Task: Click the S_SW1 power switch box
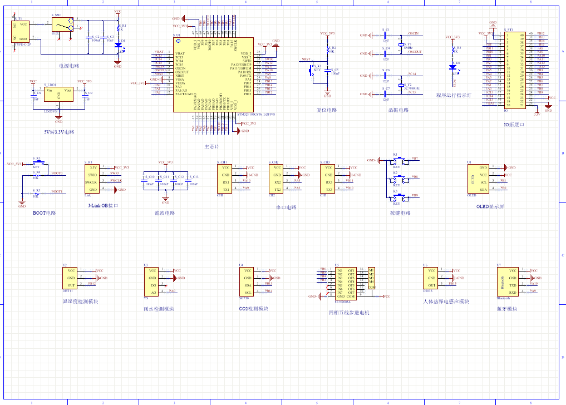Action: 62,24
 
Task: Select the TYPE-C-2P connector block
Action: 22,31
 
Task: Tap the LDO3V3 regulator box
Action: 58,96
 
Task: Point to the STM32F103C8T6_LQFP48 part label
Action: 257,115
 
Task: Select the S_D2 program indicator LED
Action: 452,67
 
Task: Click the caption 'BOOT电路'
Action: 44,213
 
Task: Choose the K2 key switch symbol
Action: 397,178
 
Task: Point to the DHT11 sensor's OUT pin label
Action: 71,285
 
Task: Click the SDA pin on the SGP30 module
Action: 248,285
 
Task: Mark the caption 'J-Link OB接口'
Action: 104,205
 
